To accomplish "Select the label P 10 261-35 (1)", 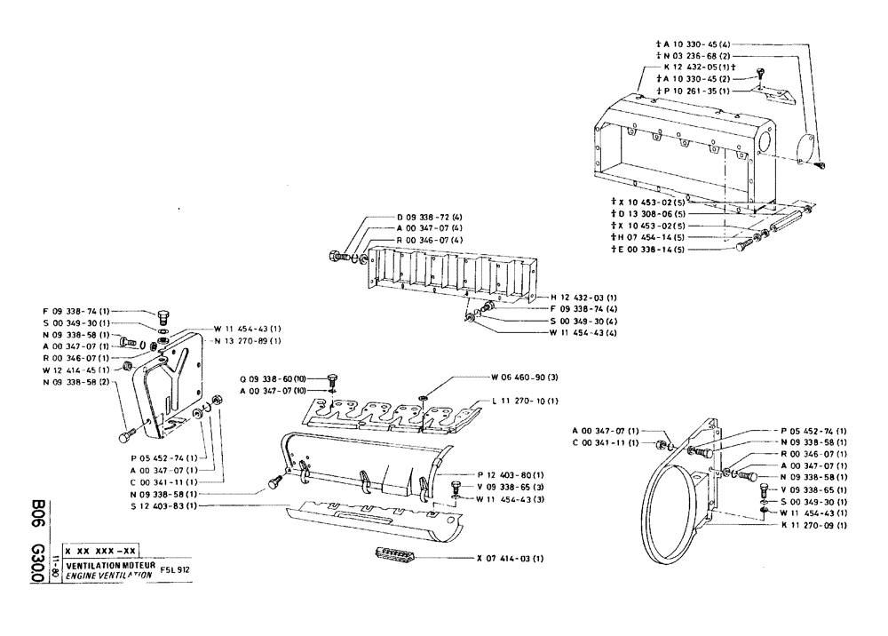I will click(x=694, y=91).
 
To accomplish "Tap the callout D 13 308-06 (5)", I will click(x=648, y=214).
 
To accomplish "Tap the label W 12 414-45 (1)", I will click(x=75, y=369).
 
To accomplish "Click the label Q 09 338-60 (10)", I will click(x=274, y=377).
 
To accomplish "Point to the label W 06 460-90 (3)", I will click(x=527, y=377).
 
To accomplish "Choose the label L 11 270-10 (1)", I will click(x=527, y=401).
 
